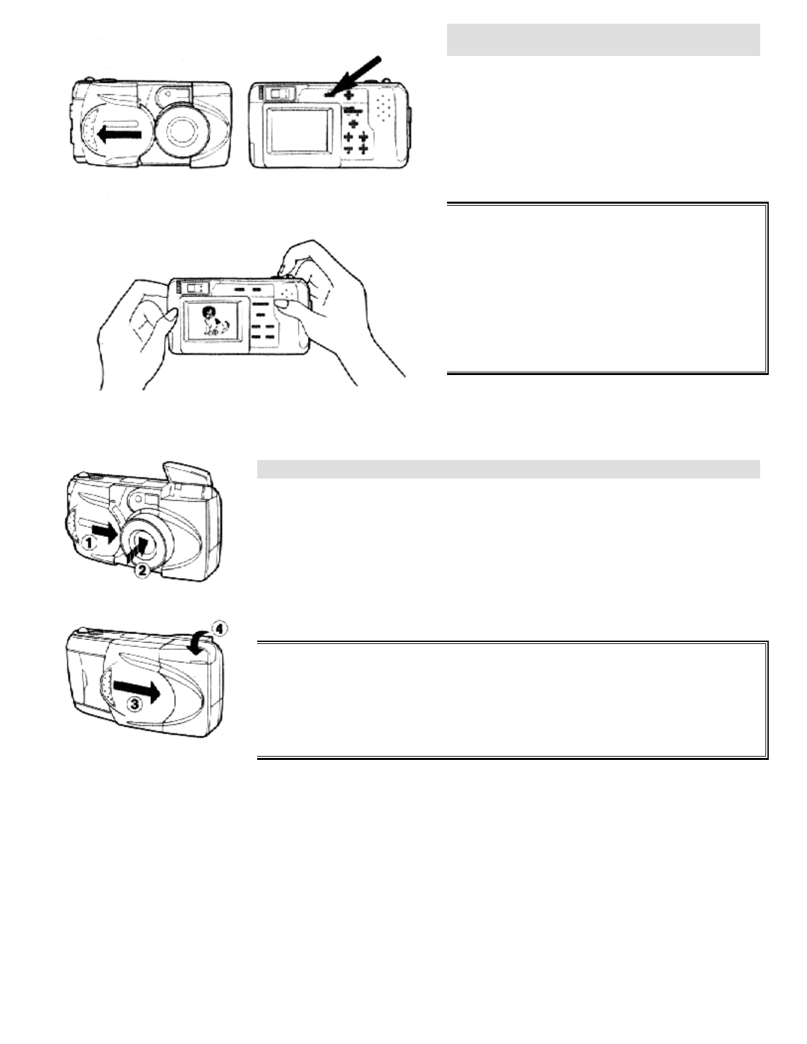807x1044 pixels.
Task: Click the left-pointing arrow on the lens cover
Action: coord(119,134)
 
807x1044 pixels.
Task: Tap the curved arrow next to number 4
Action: coord(200,644)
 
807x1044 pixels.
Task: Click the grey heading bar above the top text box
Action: coord(603,40)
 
